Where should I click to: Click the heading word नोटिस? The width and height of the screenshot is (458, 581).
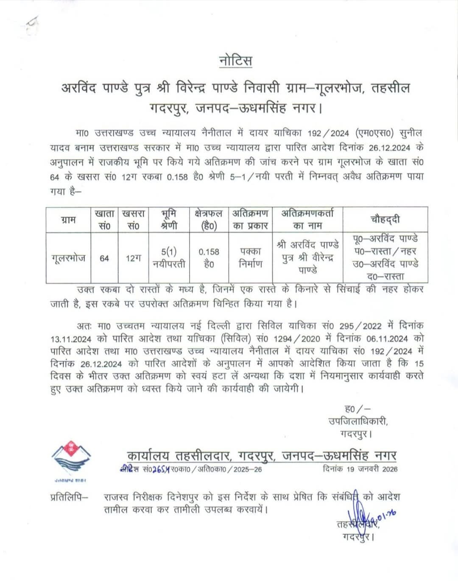click(236, 61)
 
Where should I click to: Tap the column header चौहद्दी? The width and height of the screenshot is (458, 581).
click(385, 219)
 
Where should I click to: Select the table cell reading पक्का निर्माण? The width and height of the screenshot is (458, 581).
click(250, 258)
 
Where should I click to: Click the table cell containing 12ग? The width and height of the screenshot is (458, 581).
click(133, 258)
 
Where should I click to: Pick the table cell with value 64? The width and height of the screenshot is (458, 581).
click(104, 258)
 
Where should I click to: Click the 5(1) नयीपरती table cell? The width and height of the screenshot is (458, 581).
click(169, 258)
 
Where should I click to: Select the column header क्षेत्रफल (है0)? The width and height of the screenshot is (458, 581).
click(209, 220)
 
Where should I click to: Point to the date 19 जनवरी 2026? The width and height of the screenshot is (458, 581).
click(360, 469)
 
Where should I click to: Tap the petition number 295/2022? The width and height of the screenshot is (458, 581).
click(360, 326)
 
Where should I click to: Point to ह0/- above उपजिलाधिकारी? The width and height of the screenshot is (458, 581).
click(357, 409)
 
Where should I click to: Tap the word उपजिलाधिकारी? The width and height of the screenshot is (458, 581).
click(358, 422)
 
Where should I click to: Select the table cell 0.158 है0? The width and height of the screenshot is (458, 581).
click(209, 258)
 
